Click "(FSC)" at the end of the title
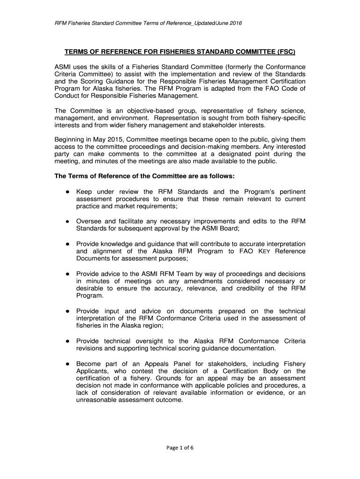pos(286,51)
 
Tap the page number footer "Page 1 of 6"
pos(180,447)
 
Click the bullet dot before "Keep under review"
pos(68,192)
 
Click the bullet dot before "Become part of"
pos(68,364)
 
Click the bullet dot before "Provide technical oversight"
pos(68,341)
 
